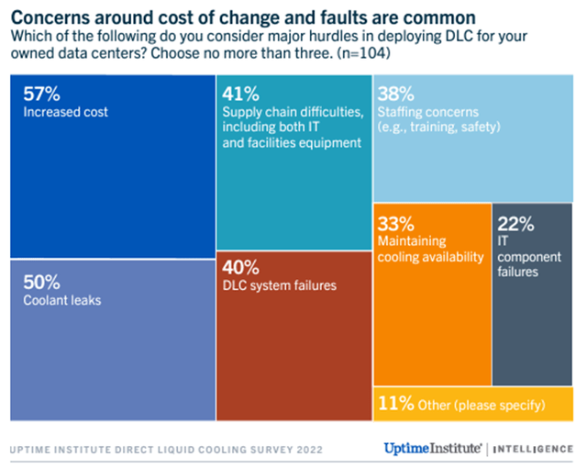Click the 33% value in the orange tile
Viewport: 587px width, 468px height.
point(396,223)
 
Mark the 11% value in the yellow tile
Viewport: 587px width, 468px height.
point(396,404)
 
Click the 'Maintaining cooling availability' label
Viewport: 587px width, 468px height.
point(430,249)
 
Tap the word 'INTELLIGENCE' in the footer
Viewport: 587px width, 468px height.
point(534,450)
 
